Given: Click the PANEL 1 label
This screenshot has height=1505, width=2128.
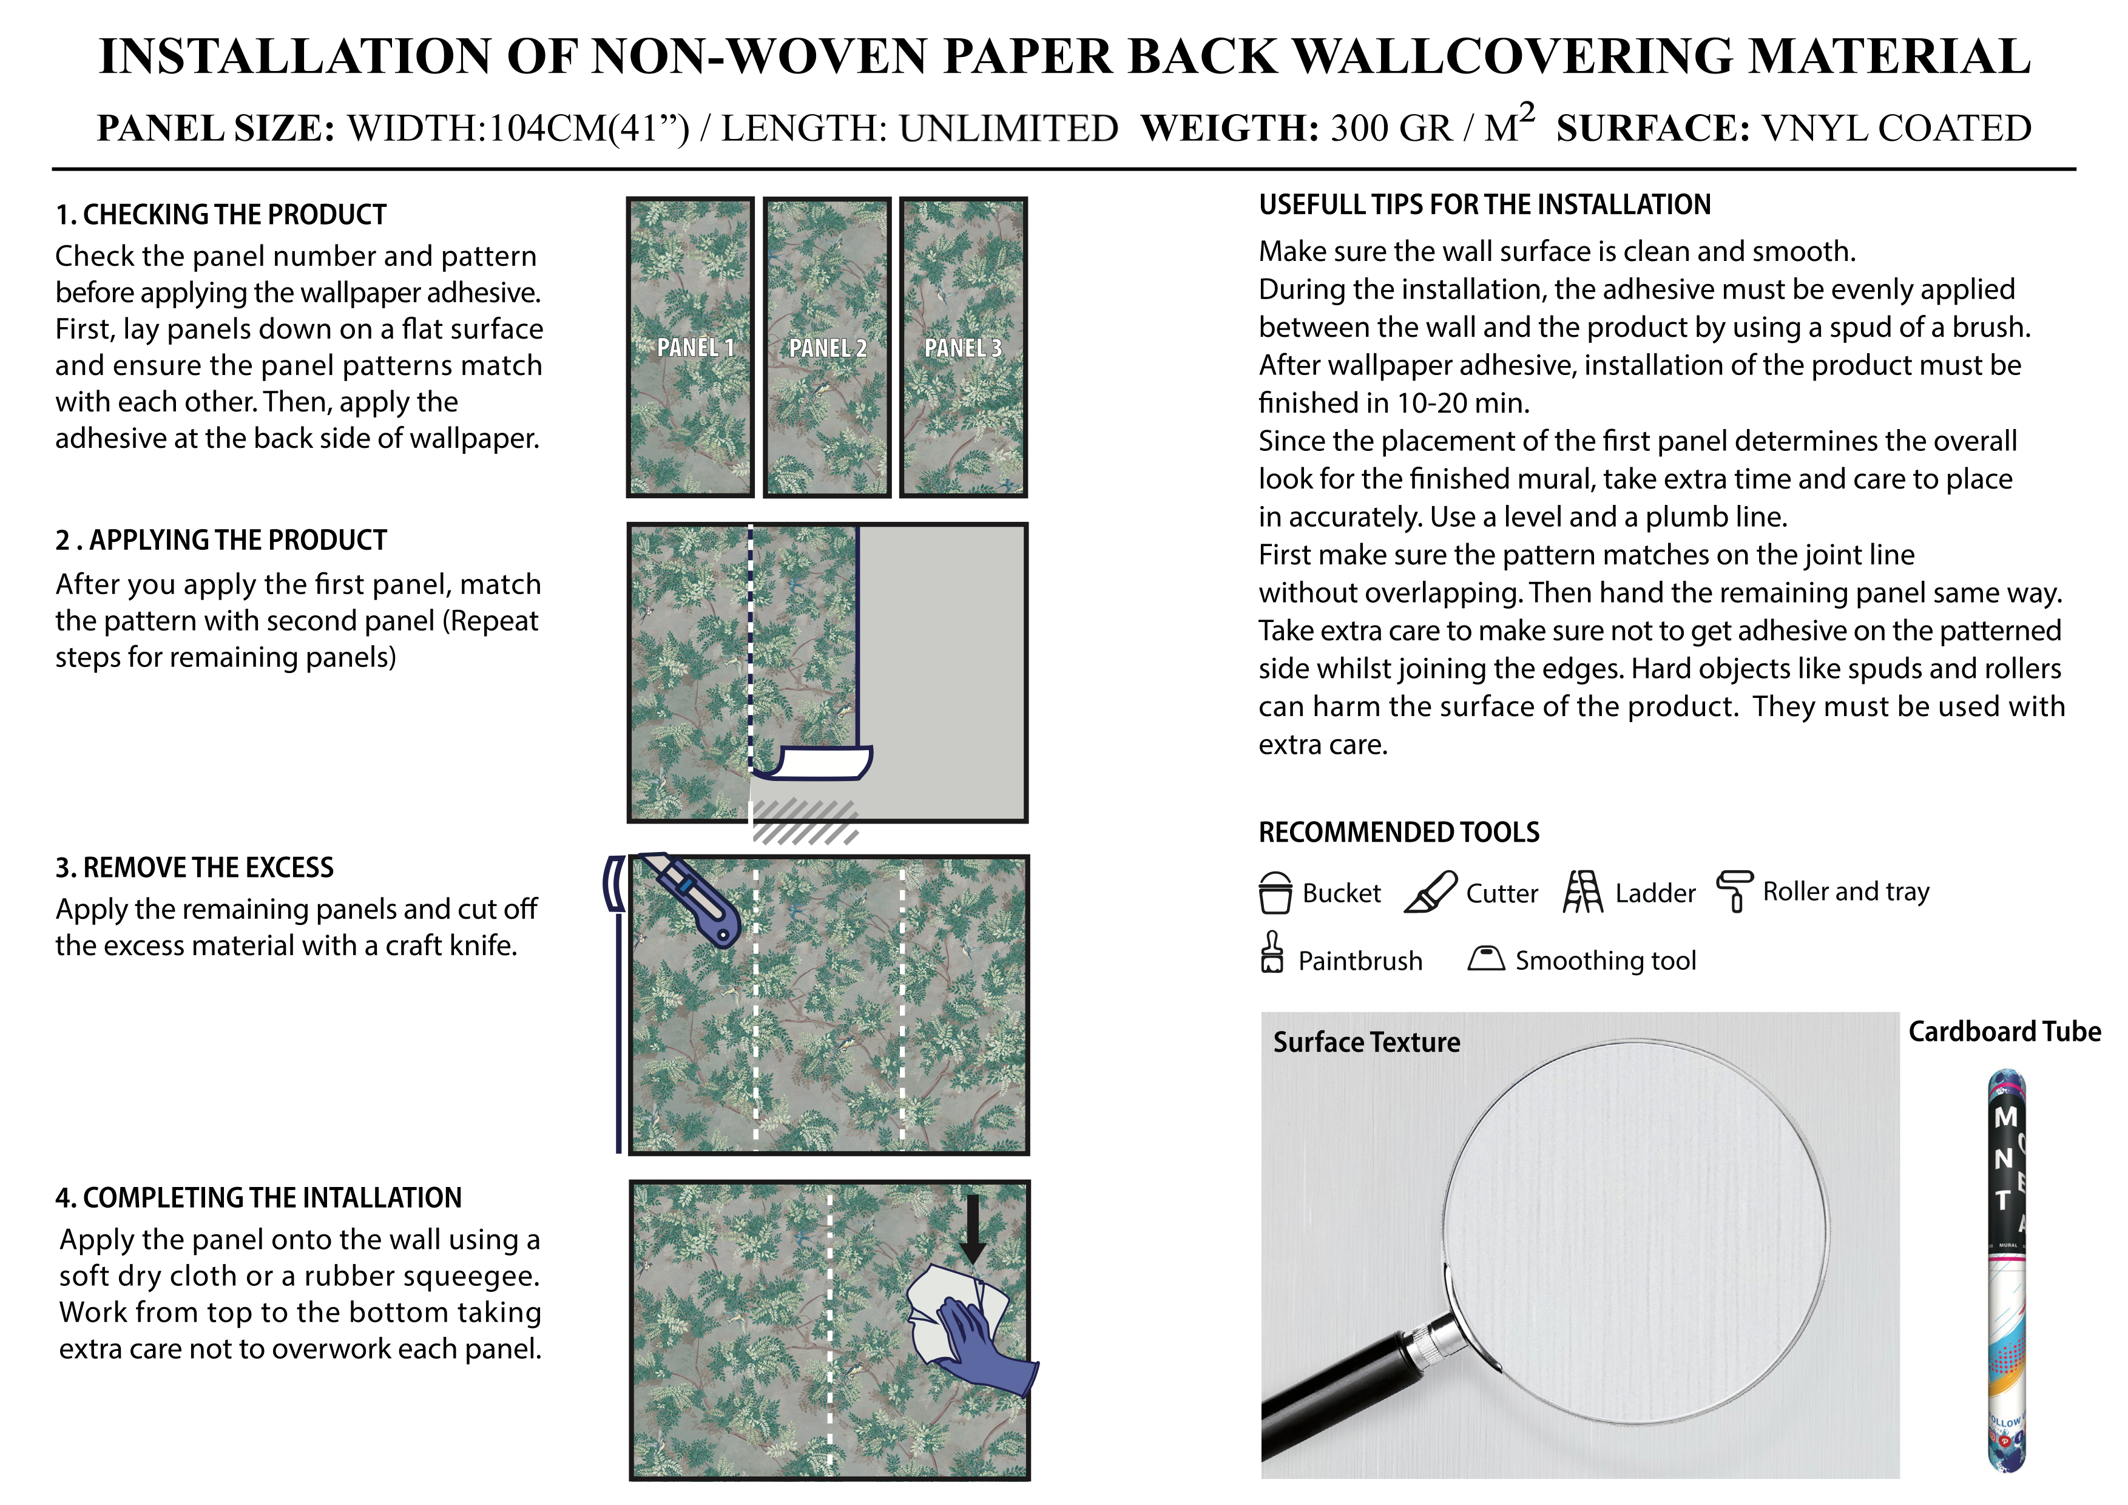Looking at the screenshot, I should tap(695, 348).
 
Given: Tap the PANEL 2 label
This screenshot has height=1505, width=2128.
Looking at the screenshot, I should tap(828, 348).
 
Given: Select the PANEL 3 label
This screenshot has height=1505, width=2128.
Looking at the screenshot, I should tap(963, 348).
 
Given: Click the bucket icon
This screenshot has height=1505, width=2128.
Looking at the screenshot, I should tap(1275, 893).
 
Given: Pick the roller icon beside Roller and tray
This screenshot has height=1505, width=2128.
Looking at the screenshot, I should tap(1735, 891).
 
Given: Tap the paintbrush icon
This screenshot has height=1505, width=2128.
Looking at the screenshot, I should tap(1272, 953).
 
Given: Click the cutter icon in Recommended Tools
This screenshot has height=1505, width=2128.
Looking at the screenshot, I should tap(1430, 893).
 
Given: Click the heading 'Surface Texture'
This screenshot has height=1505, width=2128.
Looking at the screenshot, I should tap(1366, 1043).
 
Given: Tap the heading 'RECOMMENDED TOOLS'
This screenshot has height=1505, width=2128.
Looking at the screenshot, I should tap(1399, 832).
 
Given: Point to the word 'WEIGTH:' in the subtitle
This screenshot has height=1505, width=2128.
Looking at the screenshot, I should tap(1229, 128).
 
